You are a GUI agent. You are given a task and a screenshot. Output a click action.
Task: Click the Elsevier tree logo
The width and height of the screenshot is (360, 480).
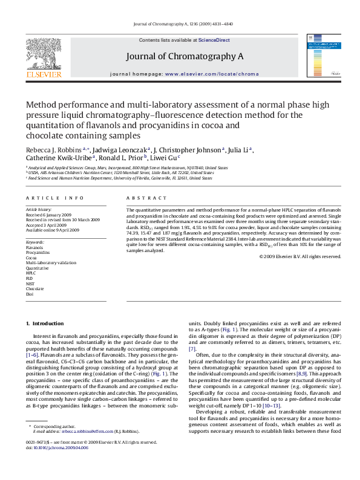click(x=44, y=53)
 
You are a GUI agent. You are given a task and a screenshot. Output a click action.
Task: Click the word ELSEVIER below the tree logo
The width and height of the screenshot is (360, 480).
click(x=44, y=75)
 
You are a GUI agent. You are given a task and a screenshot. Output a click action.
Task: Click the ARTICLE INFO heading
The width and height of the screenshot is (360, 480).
click(x=50, y=198)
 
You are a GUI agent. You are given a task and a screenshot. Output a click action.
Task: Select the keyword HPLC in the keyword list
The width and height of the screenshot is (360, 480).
click(x=31, y=273)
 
